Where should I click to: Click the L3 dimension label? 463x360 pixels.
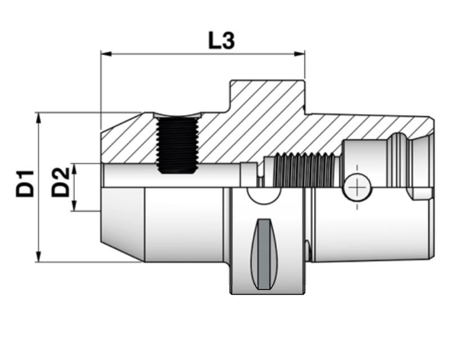coord(221,40)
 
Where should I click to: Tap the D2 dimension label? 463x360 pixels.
coord(61,181)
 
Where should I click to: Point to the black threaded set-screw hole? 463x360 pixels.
coord(176,144)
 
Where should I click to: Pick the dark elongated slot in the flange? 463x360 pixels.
coord(263,253)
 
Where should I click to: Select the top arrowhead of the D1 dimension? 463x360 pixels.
coord(38,116)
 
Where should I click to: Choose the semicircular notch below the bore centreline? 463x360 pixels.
coord(264,194)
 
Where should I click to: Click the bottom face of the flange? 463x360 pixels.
coord(267,292)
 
